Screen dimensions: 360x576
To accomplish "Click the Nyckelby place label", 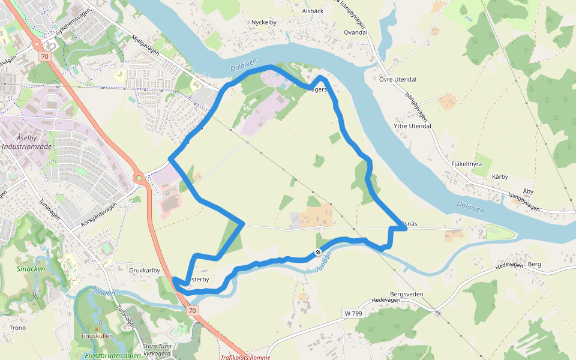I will (263, 22).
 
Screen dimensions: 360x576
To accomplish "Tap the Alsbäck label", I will (313, 11).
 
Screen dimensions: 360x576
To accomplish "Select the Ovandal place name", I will (355, 32).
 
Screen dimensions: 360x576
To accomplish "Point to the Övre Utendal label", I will (398, 79).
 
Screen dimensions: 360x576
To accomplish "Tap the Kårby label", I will (500, 176).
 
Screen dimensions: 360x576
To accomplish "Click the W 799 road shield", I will (353, 313).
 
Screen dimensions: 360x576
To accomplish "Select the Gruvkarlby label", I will (145, 270).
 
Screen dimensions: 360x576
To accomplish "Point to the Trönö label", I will (18, 328).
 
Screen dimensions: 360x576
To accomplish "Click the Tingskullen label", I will (96, 336).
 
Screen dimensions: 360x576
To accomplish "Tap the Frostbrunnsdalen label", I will (113, 355).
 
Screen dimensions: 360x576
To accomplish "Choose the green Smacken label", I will (31, 269).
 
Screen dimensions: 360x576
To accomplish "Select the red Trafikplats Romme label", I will (245, 357).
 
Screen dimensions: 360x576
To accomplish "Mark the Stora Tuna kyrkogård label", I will (158, 349).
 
